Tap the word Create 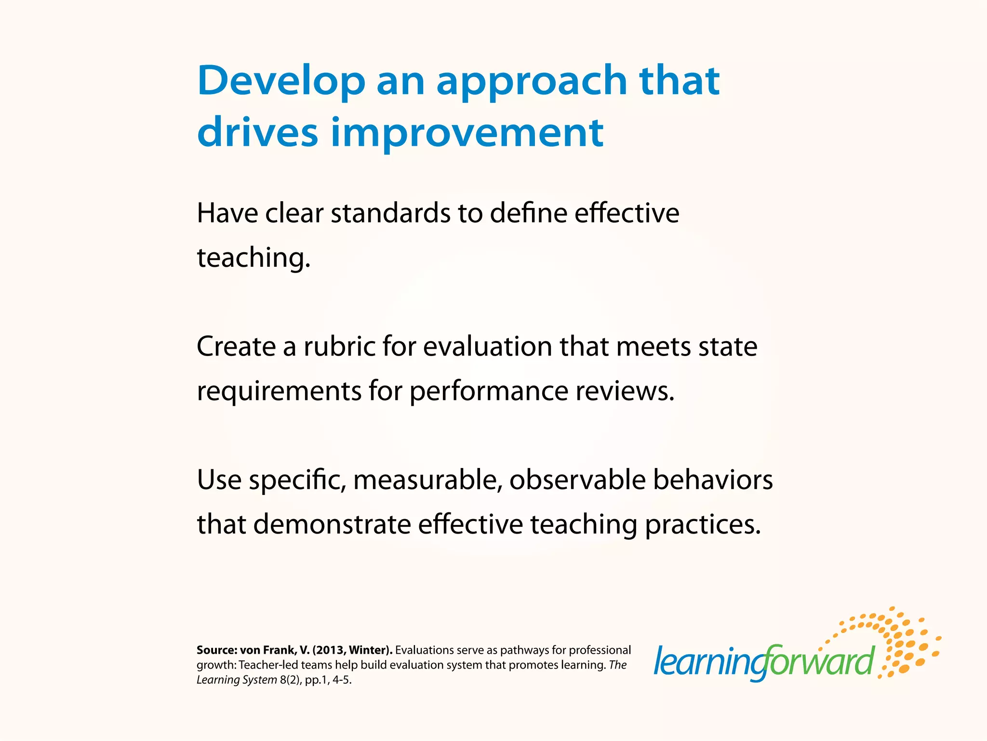(236, 346)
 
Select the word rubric (339, 346)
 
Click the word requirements (279, 391)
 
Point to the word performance (489, 391)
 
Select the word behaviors (713, 480)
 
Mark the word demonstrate (332, 524)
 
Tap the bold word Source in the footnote (216, 650)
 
